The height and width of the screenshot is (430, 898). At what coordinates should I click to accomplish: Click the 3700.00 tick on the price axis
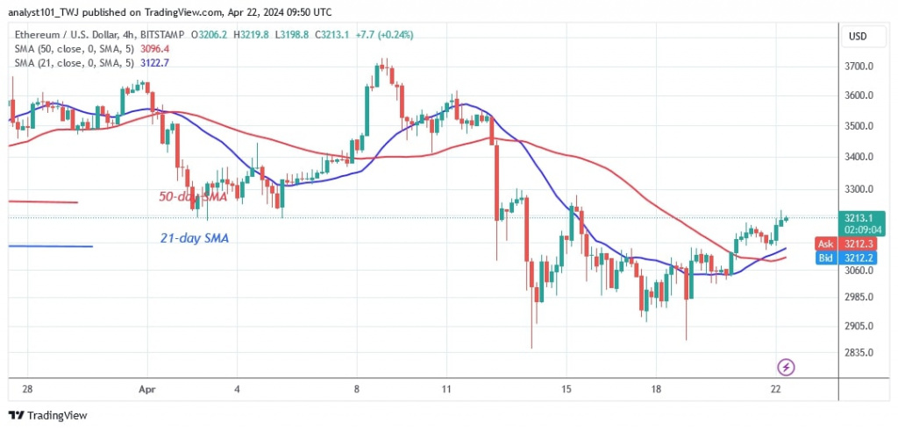click(x=860, y=67)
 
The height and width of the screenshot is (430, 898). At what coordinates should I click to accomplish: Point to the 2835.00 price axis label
click(x=860, y=352)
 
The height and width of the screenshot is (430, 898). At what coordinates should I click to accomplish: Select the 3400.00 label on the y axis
click(x=860, y=158)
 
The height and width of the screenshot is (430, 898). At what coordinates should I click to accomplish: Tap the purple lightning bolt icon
click(x=786, y=366)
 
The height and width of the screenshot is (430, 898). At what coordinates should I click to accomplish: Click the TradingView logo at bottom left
click(x=48, y=415)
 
